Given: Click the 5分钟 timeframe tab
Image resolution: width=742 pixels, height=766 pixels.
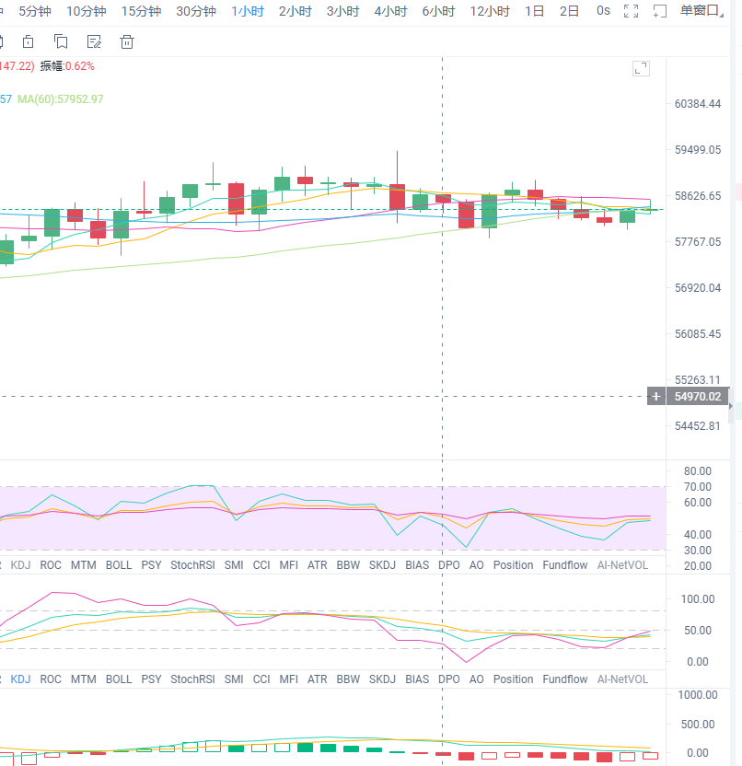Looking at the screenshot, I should point(35,11).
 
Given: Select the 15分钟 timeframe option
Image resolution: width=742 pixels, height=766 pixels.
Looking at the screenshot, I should point(141,11).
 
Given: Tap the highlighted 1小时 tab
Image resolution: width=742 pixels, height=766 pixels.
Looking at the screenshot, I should point(247,11).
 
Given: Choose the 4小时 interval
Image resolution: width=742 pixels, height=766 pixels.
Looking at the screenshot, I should point(390,11).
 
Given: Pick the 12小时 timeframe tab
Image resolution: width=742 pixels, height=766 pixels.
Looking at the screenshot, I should point(490,11).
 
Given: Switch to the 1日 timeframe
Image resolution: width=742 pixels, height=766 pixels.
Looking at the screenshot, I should point(534,11).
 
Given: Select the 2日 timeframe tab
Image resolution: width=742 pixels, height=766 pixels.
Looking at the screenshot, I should point(570,11).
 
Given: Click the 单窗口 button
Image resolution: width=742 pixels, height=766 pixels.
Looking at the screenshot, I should point(700,11).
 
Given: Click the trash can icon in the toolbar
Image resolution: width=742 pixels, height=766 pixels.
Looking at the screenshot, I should point(127,41).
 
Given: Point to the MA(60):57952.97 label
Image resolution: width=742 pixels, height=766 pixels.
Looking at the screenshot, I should point(61,99).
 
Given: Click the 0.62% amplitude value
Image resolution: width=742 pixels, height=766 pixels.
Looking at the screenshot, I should point(79,66).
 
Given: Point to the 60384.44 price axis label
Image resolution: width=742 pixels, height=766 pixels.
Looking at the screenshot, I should point(697,104).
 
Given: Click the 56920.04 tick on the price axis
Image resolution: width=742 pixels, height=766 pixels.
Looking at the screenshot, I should point(697,288).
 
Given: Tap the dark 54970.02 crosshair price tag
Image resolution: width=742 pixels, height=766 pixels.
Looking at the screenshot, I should point(696,397).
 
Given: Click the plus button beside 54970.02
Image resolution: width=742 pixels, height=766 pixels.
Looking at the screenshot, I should point(655,397).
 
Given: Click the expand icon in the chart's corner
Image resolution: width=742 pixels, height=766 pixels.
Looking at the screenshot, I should point(641,68).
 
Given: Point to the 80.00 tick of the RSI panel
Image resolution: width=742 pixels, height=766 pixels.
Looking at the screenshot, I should point(697,470).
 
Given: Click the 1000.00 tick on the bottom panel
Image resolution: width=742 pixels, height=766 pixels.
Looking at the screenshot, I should point(696,695).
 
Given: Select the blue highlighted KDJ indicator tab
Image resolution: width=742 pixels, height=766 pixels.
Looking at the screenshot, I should point(20,679).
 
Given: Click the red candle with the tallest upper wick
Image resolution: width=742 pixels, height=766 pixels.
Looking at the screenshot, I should point(398,195).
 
